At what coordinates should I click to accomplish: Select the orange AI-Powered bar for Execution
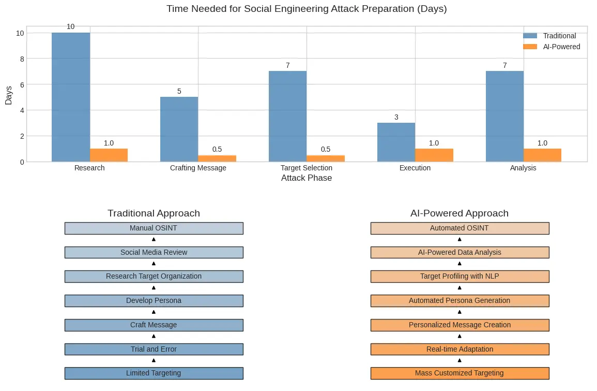(x=434, y=155)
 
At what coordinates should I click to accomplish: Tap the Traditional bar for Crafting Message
(x=179, y=129)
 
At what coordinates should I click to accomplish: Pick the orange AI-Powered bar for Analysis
(x=542, y=155)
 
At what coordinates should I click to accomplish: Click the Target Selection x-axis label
(x=307, y=168)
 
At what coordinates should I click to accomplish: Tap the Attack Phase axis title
(x=307, y=178)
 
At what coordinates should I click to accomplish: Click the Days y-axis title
(x=9, y=95)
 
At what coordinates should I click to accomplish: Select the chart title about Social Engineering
(x=307, y=9)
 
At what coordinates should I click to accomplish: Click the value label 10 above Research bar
(x=71, y=27)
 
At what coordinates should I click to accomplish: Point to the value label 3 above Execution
(x=396, y=117)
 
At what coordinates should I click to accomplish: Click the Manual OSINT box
(x=154, y=228)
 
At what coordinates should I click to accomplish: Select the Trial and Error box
(x=154, y=350)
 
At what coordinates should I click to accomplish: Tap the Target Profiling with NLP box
(x=460, y=277)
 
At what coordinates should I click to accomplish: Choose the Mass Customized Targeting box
(x=460, y=373)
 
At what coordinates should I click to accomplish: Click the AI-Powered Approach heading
(x=460, y=213)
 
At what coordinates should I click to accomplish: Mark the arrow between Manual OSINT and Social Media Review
(x=154, y=239)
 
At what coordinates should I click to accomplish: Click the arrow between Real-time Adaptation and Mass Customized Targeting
(x=460, y=360)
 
